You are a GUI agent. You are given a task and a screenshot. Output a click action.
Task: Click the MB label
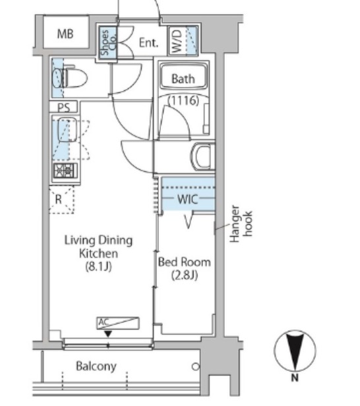[x=65, y=34]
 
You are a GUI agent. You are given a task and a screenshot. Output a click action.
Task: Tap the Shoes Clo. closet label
[x=108, y=43]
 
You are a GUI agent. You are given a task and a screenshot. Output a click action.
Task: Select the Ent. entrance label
[x=148, y=43]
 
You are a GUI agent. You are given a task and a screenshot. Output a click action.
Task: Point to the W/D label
[x=177, y=41]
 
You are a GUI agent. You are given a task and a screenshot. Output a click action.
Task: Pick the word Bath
[x=183, y=78]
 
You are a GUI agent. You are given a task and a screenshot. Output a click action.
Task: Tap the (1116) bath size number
[x=183, y=100]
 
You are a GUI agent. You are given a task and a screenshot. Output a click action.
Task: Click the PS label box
[x=64, y=107]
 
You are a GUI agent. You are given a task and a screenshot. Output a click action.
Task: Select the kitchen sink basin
[x=67, y=130]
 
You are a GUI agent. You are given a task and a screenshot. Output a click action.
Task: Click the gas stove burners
[x=65, y=171]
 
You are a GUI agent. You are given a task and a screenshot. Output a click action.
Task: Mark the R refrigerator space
[x=61, y=200]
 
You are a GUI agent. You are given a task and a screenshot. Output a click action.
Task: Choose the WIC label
[x=188, y=199]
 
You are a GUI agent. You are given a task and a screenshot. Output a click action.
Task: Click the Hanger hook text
[x=241, y=223]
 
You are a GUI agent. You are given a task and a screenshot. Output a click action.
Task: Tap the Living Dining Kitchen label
[x=98, y=246]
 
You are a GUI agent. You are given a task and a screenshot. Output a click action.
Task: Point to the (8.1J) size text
[x=98, y=266]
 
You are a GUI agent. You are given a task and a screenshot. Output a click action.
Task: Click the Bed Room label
[x=185, y=262]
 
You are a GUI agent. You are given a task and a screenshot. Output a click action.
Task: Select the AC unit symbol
[x=118, y=323]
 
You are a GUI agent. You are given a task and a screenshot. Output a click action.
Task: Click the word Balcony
[x=96, y=366]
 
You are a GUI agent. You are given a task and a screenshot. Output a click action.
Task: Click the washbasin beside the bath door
[x=203, y=157]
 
